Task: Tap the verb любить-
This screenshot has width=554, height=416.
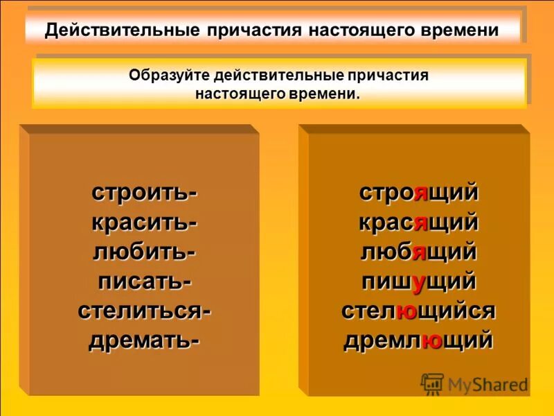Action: (x=144, y=252)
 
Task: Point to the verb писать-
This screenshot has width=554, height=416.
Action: (x=144, y=281)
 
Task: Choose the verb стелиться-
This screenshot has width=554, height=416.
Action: (x=144, y=311)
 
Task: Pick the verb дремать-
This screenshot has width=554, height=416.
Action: (x=144, y=341)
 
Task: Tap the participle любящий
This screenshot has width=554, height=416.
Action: (x=418, y=252)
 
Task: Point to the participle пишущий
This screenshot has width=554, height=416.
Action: (x=418, y=281)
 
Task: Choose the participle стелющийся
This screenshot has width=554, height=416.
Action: (x=418, y=311)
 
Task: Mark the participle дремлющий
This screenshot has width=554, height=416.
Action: (x=418, y=341)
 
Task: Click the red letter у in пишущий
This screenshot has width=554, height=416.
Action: (x=418, y=282)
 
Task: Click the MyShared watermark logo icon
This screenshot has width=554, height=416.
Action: (x=432, y=383)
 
